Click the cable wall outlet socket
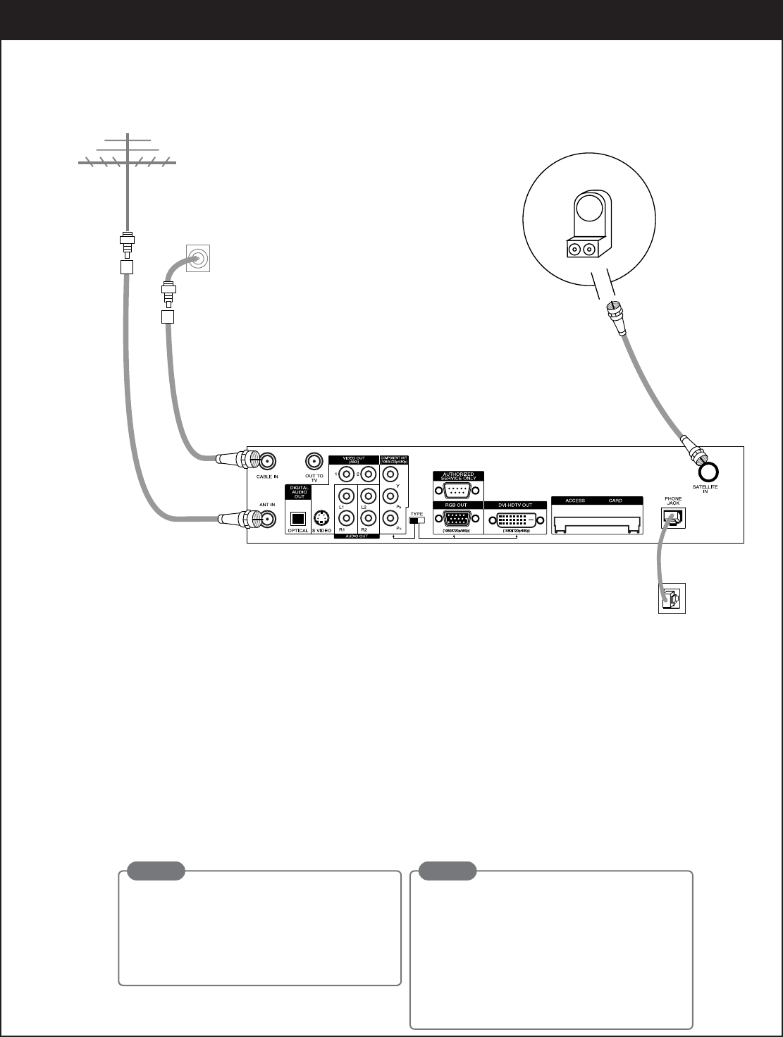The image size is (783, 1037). pyautogui.click(x=198, y=259)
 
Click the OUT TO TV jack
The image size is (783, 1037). pyautogui.click(x=314, y=462)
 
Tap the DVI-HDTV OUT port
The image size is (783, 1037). pyautogui.click(x=517, y=520)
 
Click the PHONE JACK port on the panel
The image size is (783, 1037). pyautogui.click(x=672, y=518)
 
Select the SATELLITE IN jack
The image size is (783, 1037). pyautogui.click(x=709, y=471)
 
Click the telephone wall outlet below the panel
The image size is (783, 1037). pyautogui.click(x=672, y=599)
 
